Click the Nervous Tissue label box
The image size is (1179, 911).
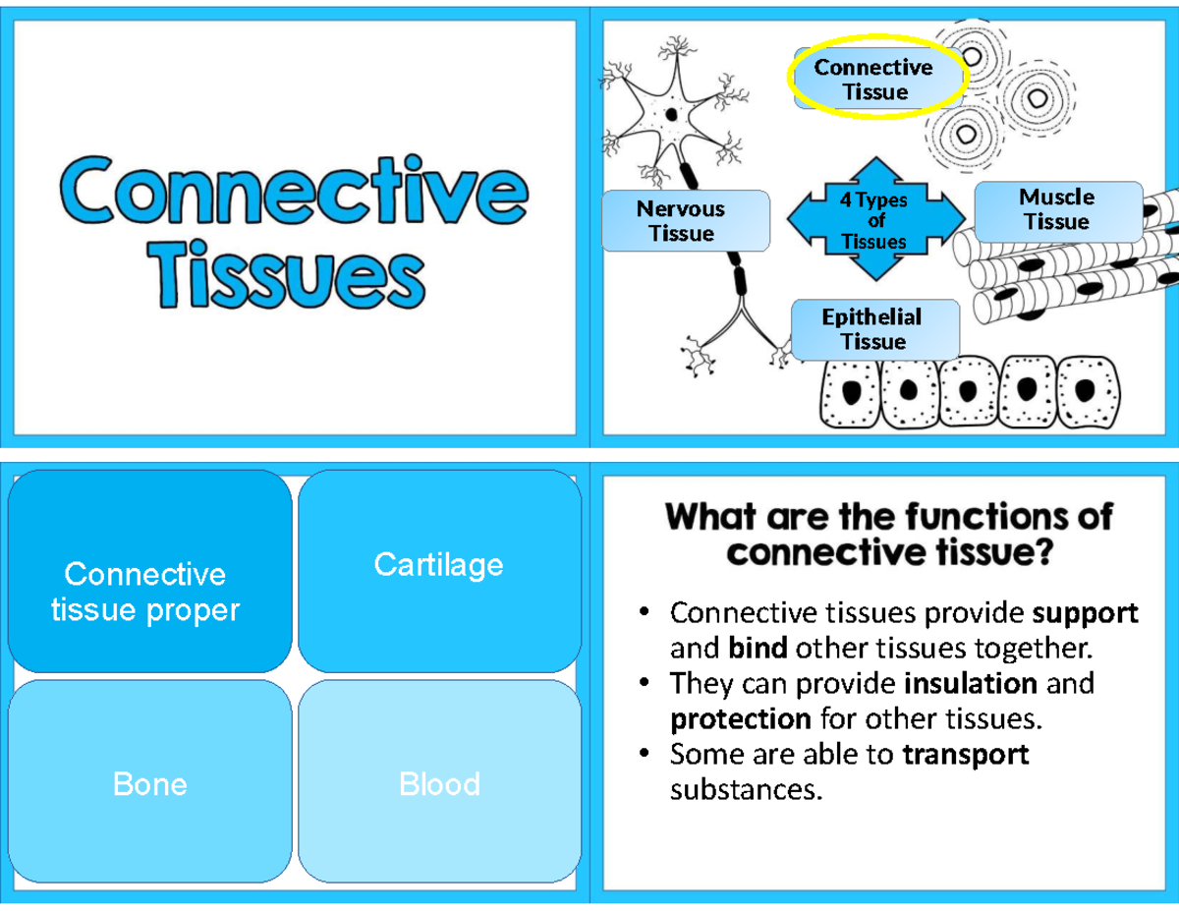685,221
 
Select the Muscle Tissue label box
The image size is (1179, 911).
1057,210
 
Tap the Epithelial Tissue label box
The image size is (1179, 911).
873,329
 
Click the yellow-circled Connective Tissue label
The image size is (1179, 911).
874,80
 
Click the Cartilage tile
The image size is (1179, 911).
438,565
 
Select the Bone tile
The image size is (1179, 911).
149,783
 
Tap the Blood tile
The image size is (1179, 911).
438,783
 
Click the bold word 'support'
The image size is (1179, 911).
1085,613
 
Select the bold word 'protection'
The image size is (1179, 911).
740,718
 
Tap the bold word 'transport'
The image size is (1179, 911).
965,754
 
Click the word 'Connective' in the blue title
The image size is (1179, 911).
294,193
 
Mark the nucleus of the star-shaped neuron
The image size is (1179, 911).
671,114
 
